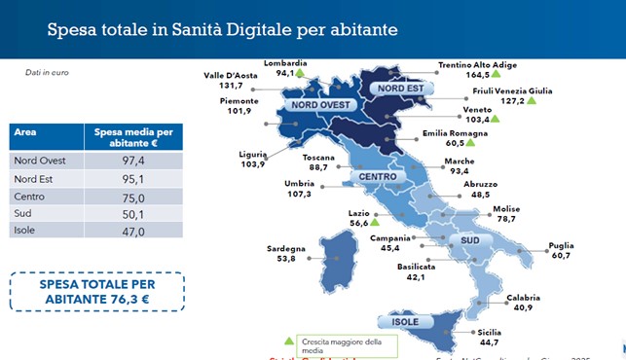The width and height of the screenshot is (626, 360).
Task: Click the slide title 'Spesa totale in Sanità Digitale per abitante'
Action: (x=222, y=30)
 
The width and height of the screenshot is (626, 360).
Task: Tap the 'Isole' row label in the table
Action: (x=24, y=231)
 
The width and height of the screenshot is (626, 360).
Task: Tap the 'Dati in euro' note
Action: (x=47, y=72)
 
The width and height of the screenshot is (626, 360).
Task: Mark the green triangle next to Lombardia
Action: (x=301, y=72)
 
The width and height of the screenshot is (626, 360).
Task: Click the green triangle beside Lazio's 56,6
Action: (x=358, y=223)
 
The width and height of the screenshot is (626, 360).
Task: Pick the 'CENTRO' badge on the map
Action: (x=377, y=177)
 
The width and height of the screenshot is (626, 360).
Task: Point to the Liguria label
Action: (x=252, y=155)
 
